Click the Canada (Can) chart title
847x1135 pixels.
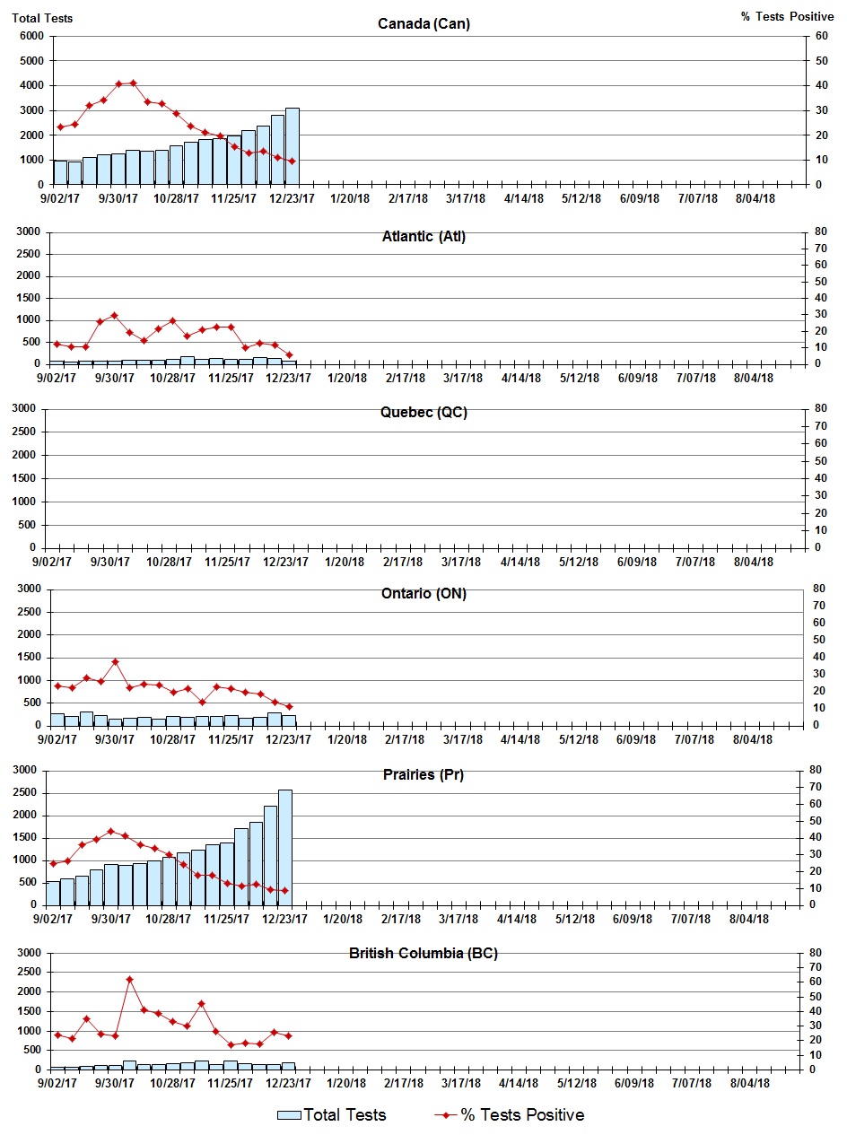pos(423,23)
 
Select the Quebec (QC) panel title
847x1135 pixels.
pos(423,413)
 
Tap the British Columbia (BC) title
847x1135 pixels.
pos(423,953)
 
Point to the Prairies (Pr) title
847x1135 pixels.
pos(423,774)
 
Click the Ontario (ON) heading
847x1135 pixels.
pos(423,593)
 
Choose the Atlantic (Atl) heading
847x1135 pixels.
pos(423,237)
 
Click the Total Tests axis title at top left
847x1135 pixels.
pos(42,17)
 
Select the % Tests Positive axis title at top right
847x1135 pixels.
pos(787,17)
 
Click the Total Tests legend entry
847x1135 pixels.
pos(332,1115)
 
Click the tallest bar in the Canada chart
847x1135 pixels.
pos(293,146)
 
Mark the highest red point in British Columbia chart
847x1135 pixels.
pos(129,980)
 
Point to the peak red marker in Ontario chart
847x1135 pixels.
pos(115,661)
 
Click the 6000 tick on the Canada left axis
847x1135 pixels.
pos(31,36)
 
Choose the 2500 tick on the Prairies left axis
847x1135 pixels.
pos(25,793)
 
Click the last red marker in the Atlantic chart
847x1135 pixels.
pos(289,354)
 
